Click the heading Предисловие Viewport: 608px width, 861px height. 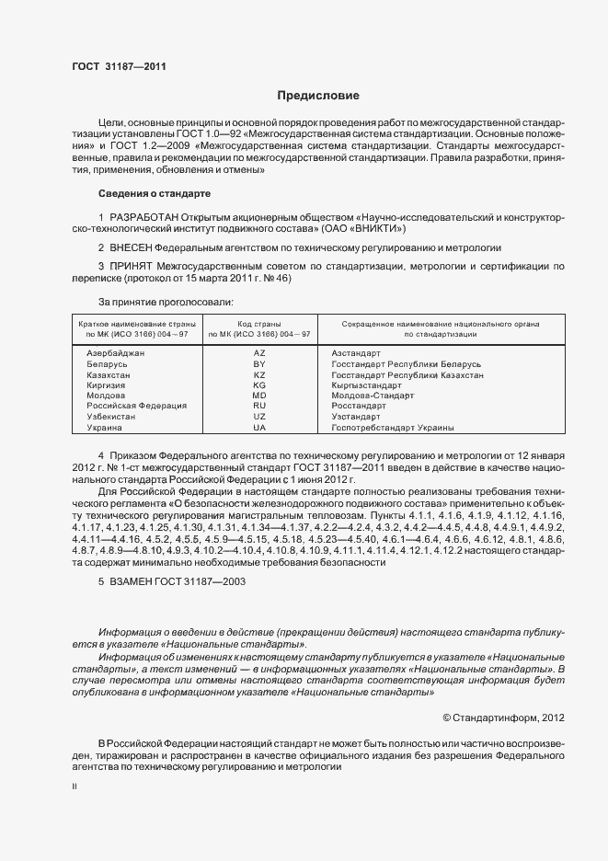318,96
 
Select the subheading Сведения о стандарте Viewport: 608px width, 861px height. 155,193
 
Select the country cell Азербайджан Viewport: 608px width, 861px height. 115,353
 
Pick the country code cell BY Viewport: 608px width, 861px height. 259,364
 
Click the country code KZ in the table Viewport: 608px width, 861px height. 259,375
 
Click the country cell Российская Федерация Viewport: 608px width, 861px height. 136,406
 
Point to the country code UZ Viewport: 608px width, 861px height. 259,417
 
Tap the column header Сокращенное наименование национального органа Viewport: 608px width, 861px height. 440,325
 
